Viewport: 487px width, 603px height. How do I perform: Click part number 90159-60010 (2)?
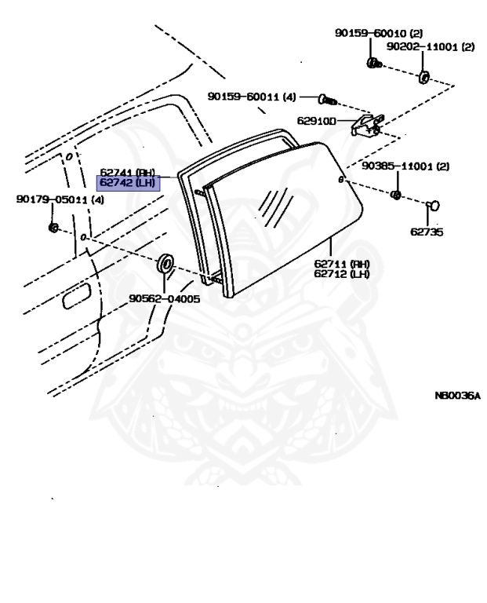(378, 34)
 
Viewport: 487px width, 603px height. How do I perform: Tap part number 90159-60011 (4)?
(252, 97)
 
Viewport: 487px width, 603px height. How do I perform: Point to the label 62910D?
(316, 122)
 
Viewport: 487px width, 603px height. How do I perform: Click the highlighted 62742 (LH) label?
(127, 184)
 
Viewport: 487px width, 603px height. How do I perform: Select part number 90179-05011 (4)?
(60, 200)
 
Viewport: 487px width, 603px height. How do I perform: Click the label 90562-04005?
(165, 298)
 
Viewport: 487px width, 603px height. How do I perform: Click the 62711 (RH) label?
(342, 264)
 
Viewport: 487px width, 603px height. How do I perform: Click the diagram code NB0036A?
(456, 397)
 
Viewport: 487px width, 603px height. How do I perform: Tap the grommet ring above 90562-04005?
(166, 264)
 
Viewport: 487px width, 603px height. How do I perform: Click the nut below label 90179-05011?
(53, 228)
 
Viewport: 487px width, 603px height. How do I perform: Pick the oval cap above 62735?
(432, 206)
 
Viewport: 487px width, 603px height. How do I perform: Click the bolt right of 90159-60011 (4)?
(327, 100)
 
